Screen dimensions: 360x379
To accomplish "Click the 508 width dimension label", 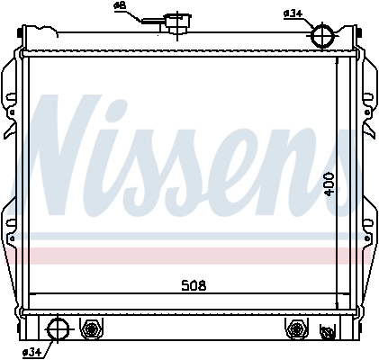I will (x=194, y=286).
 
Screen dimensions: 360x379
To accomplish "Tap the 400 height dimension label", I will (x=330, y=185).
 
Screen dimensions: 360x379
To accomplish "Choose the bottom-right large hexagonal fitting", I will (x=294, y=329).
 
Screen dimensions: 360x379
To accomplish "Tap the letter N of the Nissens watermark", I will (x=72, y=152).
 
